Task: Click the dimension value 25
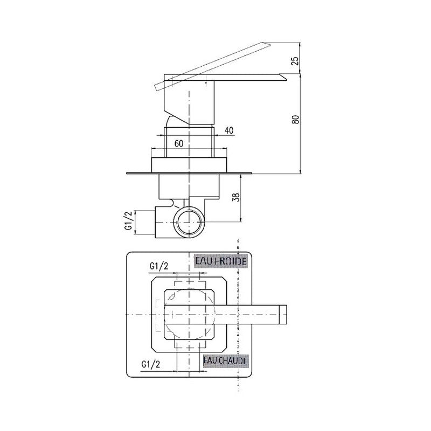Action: coord(294,61)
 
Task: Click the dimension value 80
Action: coord(295,119)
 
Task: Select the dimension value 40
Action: coord(229,130)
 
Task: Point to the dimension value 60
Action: coord(179,143)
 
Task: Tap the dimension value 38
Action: coord(236,197)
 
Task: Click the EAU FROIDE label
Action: coord(220,261)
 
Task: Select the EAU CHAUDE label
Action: coord(225,360)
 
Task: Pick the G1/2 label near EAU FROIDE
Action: coord(158,266)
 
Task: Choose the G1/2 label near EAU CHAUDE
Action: coord(151,364)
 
